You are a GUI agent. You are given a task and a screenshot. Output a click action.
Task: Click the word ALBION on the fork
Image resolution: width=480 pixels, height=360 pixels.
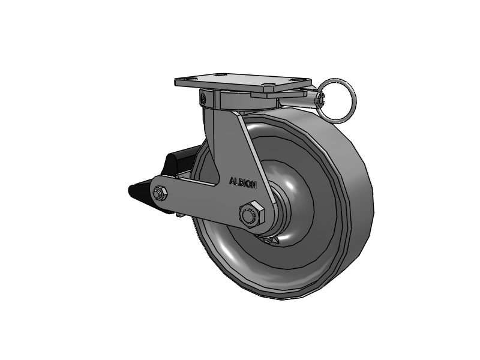click(x=243, y=183)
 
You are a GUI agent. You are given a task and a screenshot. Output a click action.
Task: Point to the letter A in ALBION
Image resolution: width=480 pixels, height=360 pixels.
click(x=232, y=181)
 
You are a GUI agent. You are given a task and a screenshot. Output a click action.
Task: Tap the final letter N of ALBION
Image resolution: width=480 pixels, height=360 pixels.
click(x=254, y=185)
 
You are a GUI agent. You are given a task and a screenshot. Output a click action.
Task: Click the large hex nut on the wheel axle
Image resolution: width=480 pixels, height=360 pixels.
click(x=252, y=215)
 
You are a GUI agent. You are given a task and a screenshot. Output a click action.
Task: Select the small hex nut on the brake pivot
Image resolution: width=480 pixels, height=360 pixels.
click(x=160, y=193)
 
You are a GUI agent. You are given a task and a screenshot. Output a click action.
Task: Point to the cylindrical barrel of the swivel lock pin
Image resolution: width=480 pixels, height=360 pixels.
click(x=298, y=100)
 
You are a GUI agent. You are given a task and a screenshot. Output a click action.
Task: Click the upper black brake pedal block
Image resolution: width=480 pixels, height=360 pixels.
click(x=181, y=162)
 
